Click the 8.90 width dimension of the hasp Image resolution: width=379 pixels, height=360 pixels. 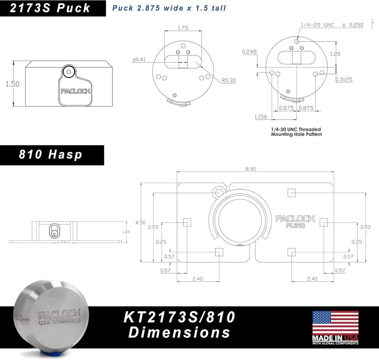[251, 169]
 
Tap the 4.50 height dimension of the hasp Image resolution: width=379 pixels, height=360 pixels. [140, 223]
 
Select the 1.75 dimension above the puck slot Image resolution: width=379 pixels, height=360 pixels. [183, 28]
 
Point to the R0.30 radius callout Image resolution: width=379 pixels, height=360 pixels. [229, 80]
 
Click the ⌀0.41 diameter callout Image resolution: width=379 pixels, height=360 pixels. [139, 60]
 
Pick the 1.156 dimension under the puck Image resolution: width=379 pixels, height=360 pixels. [261, 117]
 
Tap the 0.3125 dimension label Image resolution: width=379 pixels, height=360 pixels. [344, 79]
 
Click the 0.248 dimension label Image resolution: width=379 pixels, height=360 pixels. [249, 51]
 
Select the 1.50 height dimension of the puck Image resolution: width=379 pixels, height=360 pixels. [13, 84]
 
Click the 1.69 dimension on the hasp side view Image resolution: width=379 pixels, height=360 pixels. [126, 232]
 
